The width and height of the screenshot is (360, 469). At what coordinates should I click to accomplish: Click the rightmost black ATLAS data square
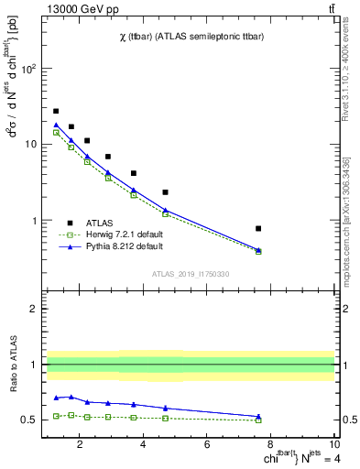point(258,228)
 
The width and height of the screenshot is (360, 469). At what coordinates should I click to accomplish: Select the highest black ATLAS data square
point(56,111)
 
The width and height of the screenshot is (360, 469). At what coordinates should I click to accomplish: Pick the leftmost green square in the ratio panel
point(56,416)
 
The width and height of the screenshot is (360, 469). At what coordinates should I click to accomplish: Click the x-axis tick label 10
point(333,446)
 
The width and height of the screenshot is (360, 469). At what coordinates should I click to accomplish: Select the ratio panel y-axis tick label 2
point(35,309)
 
